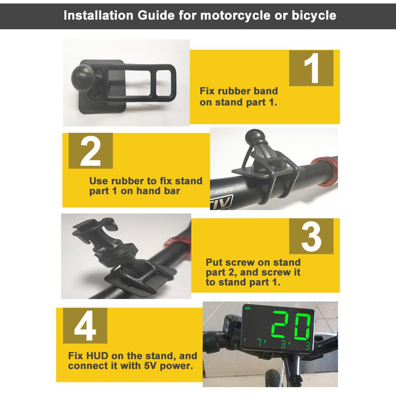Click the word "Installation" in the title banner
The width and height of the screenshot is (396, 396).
(x=98, y=15)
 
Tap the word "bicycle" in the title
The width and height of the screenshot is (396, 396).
(x=314, y=16)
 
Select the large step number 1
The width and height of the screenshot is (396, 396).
(x=312, y=68)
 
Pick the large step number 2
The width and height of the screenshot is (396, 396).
(x=91, y=151)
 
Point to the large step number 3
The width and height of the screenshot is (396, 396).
(x=311, y=237)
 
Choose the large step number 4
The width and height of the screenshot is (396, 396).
(x=85, y=326)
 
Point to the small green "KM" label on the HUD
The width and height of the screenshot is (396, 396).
(x=248, y=308)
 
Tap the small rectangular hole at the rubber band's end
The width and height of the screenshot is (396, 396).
(x=164, y=83)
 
